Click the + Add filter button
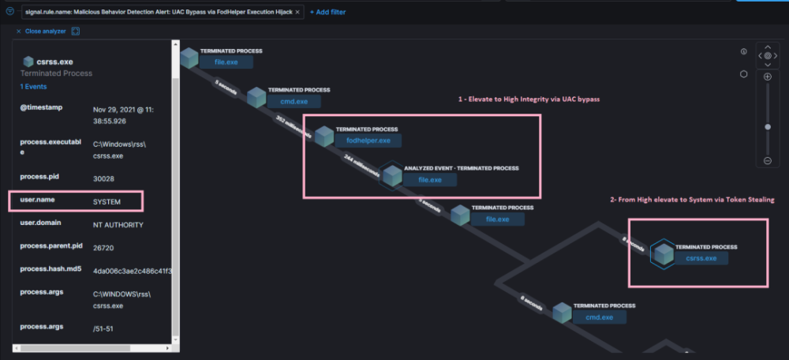point(327,12)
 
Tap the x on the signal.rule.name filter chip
point(297,12)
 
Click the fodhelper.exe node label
point(368,141)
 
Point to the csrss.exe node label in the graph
point(701,258)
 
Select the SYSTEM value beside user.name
point(107,201)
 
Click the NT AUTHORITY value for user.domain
point(117,223)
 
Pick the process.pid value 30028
point(104,179)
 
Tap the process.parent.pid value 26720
point(104,246)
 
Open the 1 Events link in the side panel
point(33,86)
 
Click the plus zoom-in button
point(767,77)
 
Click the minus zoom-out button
point(767,161)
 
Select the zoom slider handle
point(767,126)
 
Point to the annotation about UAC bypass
point(529,100)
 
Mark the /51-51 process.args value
point(104,327)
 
